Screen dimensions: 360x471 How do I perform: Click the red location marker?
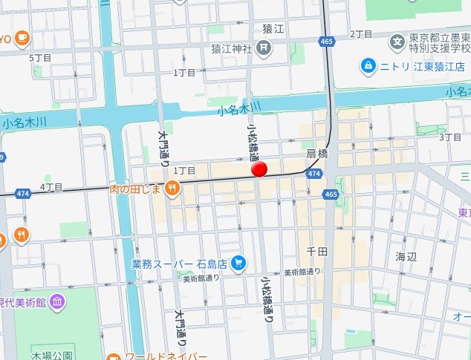click(x=259, y=170)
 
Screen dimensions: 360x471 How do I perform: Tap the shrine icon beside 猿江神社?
click(x=264, y=49)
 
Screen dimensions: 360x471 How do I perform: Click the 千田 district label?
click(x=316, y=252)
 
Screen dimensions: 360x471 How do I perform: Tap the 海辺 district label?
click(x=406, y=256)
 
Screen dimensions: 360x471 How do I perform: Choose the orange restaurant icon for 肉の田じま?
click(x=172, y=189)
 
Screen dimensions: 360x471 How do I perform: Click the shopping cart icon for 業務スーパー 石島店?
click(x=238, y=262)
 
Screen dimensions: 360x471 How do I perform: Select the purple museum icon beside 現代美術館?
click(x=58, y=301)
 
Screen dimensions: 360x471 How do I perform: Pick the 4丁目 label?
click(x=52, y=186)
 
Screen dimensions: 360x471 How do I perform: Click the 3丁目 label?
click(x=451, y=137)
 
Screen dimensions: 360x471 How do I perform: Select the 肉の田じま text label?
click(x=136, y=189)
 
